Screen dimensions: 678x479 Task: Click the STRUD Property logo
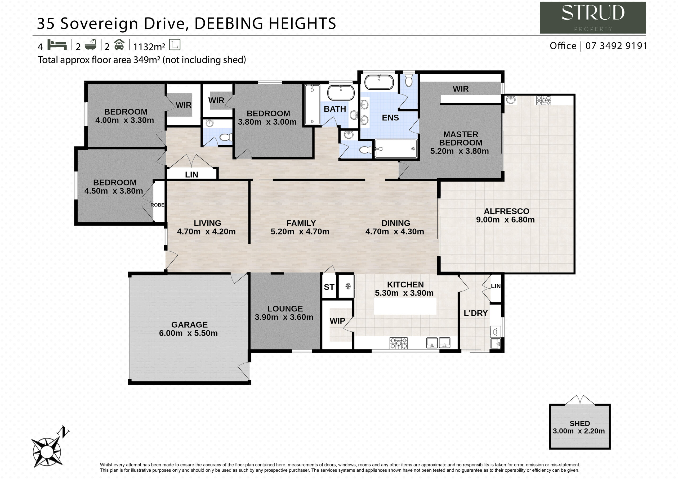click(593, 18)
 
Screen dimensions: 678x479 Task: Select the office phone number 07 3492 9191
click(616, 46)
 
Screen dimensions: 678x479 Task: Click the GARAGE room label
click(189, 325)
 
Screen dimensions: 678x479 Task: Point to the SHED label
click(580, 423)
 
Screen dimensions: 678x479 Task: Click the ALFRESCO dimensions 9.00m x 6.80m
click(505, 220)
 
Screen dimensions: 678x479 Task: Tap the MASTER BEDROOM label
click(461, 138)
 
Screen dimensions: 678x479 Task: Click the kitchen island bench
click(405, 306)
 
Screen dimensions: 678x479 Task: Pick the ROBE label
click(157, 205)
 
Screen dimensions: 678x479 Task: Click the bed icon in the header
click(57, 45)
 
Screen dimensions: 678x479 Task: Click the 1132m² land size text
click(149, 47)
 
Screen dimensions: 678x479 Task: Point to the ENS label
click(390, 118)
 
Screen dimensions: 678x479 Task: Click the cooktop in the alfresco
click(544, 100)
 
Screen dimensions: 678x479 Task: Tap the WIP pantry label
click(337, 321)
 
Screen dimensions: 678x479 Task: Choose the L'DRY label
click(475, 313)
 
